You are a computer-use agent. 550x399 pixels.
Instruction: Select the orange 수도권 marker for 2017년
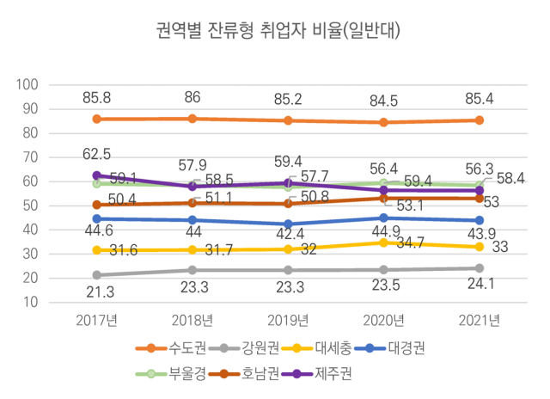[x=97, y=119]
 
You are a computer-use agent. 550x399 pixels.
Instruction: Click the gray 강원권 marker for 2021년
[x=480, y=268]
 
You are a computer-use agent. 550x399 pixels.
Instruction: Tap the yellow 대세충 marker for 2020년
[x=383, y=242]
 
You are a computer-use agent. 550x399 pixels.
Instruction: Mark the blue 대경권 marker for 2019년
[x=288, y=224]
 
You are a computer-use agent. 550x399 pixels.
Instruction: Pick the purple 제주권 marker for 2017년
[x=97, y=175]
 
